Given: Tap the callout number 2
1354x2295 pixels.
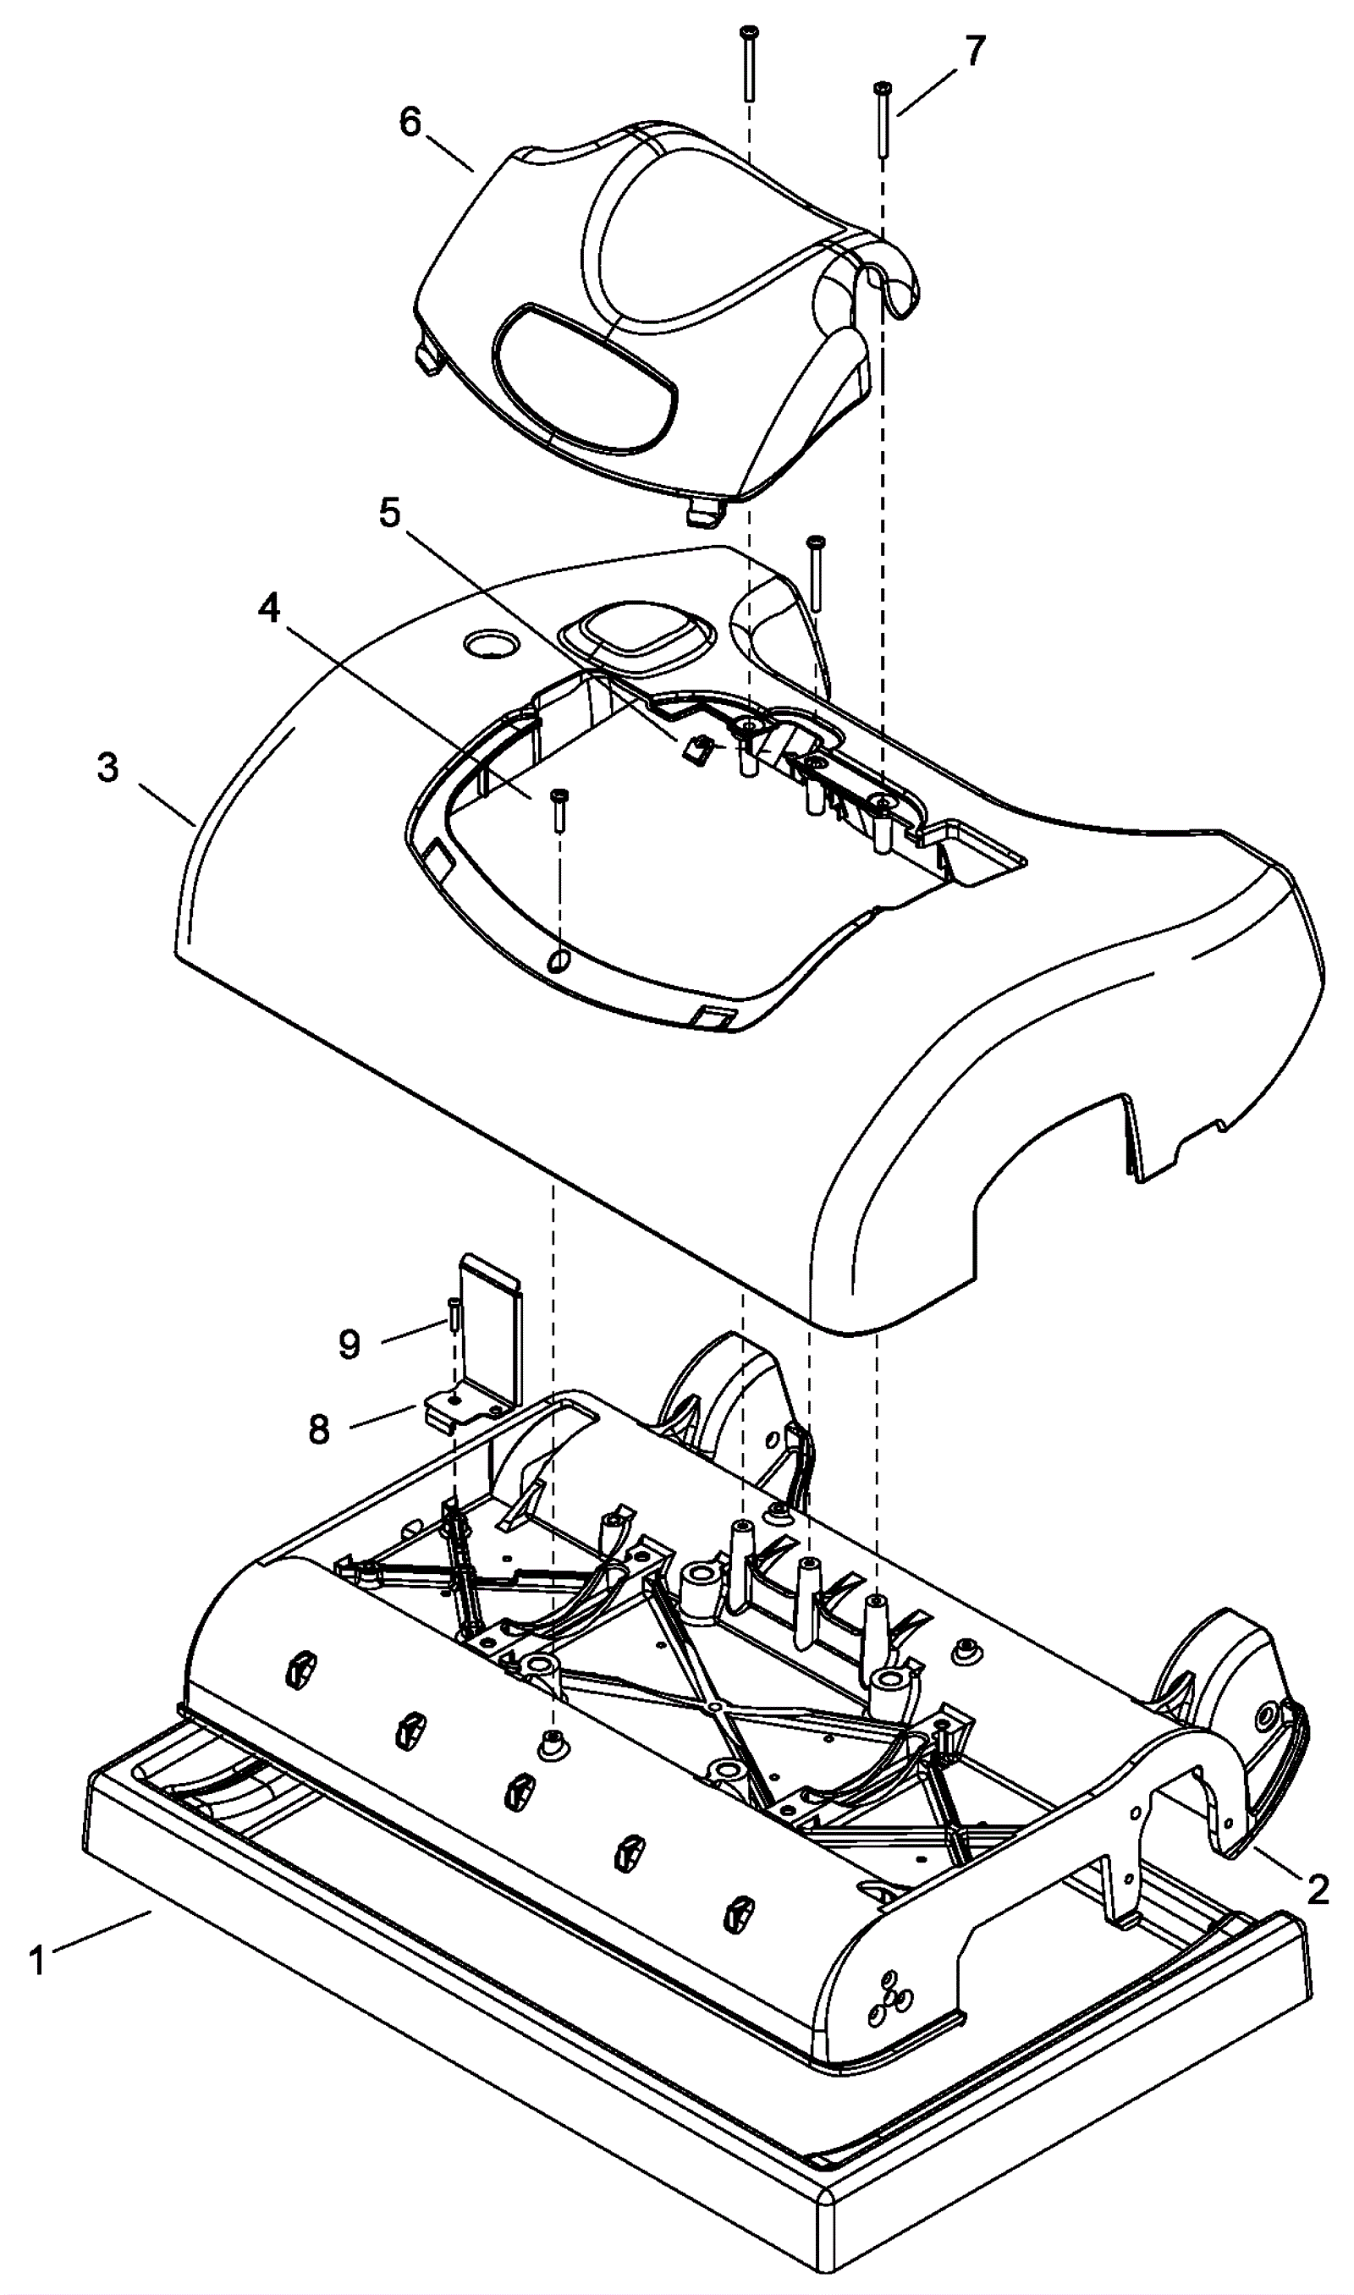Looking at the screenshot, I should pyautogui.click(x=1317, y=1888).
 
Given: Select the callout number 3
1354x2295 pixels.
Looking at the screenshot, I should pyautogui.click(x=107, y=768).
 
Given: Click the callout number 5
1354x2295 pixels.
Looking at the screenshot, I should pyautogui.click(x=389, y=514).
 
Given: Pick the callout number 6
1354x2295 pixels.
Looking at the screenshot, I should pyautogui.click(x=410, y=121).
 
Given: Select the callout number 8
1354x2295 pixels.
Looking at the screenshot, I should pyautogui.click(x=318, y=1429).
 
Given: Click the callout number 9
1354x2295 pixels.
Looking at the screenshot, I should pyautogui.click(x=350, y=1345).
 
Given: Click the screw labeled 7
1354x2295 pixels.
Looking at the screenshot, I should pyautogui.click(x=883, y=118).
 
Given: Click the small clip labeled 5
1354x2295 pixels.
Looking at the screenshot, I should pyautogui.click(x=698, y=750).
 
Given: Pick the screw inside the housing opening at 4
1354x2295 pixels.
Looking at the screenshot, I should pyautogui.click(x=559, y=809).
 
